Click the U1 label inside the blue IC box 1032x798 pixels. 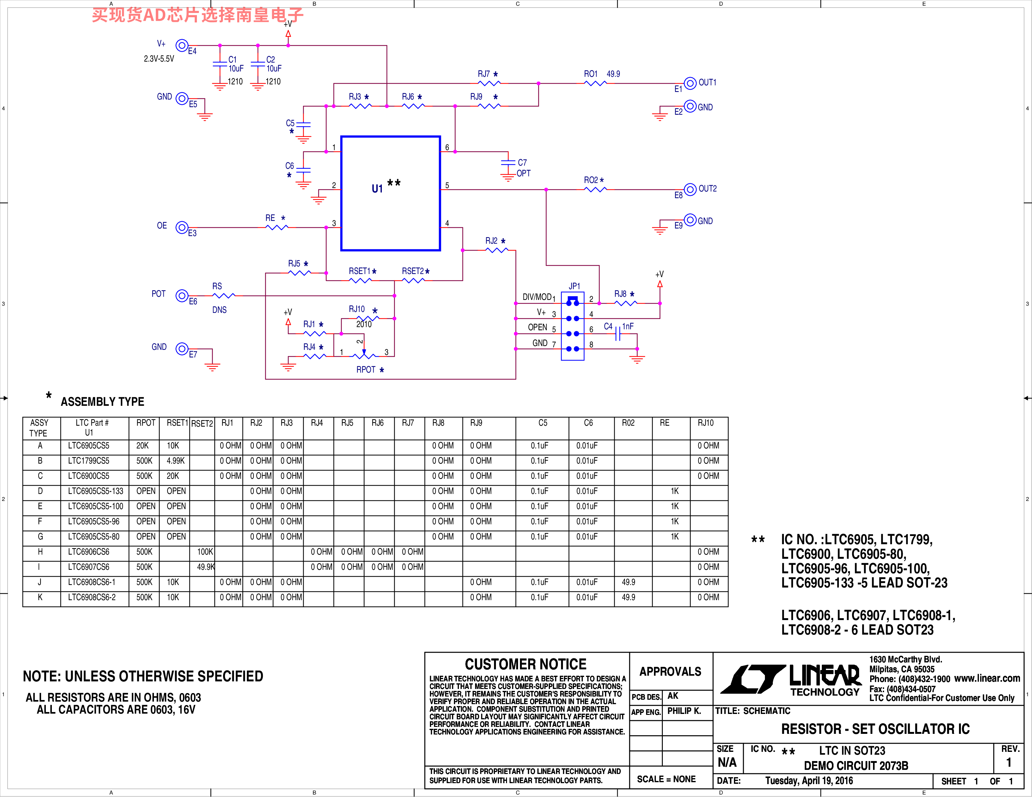[x=377, y=189]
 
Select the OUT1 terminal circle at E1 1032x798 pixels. [x=690, y=83]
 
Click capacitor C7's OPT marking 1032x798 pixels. [x=523, y=174]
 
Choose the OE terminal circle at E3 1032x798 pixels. [x=182, y=227]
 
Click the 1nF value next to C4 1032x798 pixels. [x=628, y=326]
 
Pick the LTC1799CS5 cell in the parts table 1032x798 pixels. [x=89, y=461]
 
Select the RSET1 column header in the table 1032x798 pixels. [x=177, y=423]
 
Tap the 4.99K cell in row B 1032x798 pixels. [x=175, y=461]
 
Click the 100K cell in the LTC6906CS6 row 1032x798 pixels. [x=205, y=552]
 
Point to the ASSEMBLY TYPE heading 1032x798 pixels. [x=102, y=402]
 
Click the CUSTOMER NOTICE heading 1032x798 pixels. [x=525, y=664]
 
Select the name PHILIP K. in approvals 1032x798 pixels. [x=684, y=711]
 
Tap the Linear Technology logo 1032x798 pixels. [x=794, y=680]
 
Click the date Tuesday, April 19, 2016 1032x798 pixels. [x=809, y=781]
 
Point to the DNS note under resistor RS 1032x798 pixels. [x=219, y=310]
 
